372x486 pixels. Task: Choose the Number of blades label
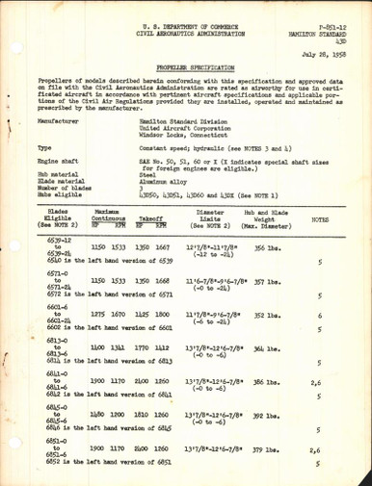tap(43, 206)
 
